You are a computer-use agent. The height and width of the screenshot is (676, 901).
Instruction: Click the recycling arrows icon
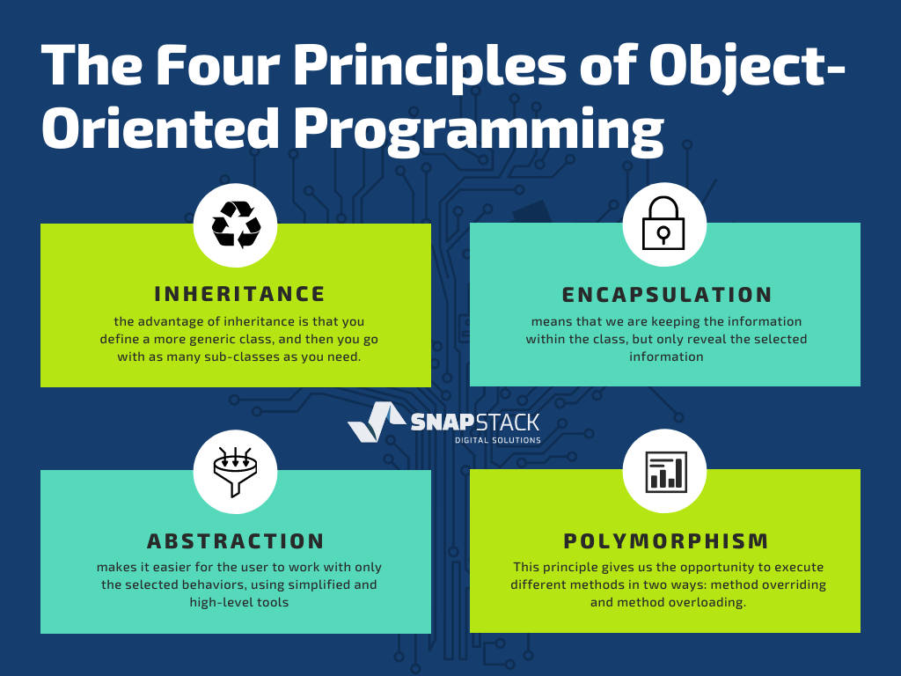coord(236,224)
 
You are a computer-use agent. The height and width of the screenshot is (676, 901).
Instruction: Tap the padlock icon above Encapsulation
coord(663,223)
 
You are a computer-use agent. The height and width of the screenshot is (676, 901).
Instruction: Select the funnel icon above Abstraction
coord(235,472)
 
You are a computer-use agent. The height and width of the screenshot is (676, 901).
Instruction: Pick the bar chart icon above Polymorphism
coord(666,472)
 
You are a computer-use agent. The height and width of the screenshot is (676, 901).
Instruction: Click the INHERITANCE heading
coord(239,294)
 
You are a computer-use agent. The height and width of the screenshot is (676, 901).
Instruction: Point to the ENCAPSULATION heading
coord(667,294)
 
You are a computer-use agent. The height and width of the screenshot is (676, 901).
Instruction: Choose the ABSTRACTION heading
coord(236,541)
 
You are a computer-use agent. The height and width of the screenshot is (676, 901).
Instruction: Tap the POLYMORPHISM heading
coord(666,541)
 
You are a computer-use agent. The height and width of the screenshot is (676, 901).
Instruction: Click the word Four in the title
coord(217,64)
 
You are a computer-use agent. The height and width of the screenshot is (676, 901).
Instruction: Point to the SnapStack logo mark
coord(377,422)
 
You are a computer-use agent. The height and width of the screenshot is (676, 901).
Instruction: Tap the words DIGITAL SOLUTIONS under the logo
coord(498,440)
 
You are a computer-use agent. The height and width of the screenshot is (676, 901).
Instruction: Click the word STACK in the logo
coord(508,422)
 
